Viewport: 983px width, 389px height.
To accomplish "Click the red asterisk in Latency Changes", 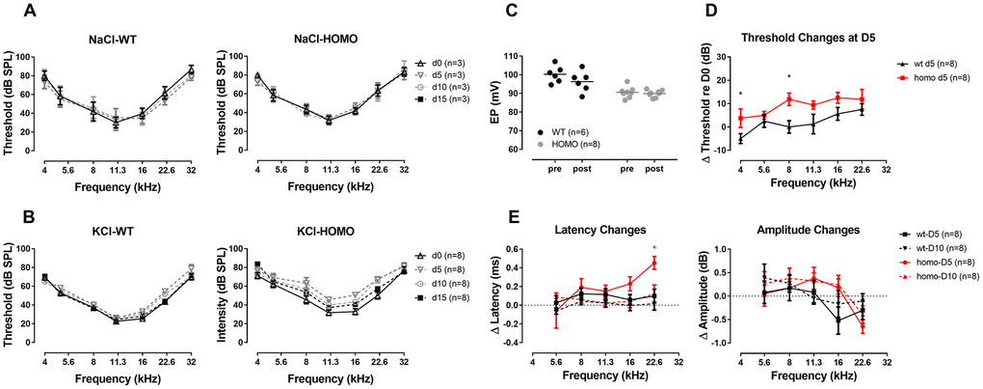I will tap(654, 248).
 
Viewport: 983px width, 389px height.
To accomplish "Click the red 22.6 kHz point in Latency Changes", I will tap(654, 262).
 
